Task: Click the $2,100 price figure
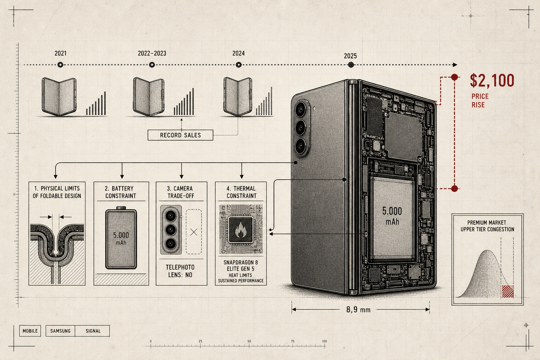click(492, 81)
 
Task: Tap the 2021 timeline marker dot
click(60, 65)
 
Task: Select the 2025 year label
click(350, 56)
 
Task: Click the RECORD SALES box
click(180, 135)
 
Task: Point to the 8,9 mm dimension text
click(358, 310)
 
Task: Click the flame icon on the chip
click(240, 230)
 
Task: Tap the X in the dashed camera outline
click(194, 232)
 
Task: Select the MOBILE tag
click(30, 331)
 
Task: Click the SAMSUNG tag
click(60, 331)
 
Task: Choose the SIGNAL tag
click(93, 331)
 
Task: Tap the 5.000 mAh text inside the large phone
click(392, 216)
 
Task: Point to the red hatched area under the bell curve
click(508, 291)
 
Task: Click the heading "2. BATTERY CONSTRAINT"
click(121, 192)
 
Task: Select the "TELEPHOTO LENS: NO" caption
click(180, 271)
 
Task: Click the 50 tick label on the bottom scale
click(249, 341)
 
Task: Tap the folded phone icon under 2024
click(238, 96)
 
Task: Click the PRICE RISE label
click(480, 101)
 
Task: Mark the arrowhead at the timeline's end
click(455, 65)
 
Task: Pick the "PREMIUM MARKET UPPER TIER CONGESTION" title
click(487, 226)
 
